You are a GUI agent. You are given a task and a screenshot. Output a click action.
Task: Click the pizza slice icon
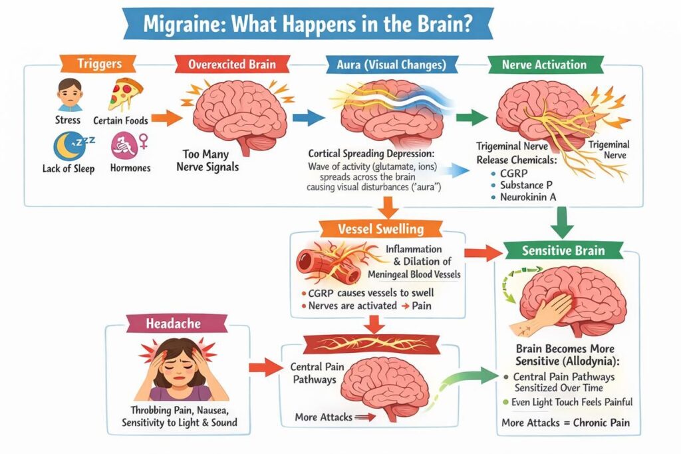click(122, 94)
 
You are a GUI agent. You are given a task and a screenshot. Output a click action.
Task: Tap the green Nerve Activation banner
click(544, 65)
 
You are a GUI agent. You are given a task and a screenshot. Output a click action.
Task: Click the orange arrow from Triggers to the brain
click(167, 118)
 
